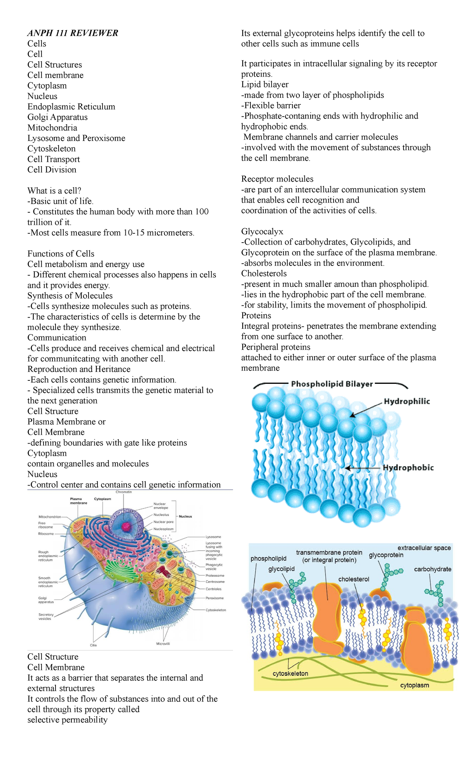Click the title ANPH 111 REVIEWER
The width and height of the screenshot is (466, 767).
pyautogui.click(x=73, y=33)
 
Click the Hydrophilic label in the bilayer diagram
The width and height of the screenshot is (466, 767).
pyautogui.click(x=407, y=401)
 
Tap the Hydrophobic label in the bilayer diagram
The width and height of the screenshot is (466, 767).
pyautogui.click(x=408, y=467)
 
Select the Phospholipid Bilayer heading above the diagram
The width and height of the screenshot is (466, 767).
pyautogui.click(x=332, y=384)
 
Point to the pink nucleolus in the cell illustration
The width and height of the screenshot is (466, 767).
pyautogui.click(x=125, y=526)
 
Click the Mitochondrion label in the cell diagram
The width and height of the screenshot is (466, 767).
pyautogui.click(x=50, y=517)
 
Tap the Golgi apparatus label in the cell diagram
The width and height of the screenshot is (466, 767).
pyautogui.click(x=46, y=600)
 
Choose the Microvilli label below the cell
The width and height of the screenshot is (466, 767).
pyautogui.click(x=163, y=644)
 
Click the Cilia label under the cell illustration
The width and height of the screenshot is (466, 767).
pyautogui.click(x=93, y=645)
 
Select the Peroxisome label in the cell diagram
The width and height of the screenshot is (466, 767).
pyautogui.click(x=215, y=598)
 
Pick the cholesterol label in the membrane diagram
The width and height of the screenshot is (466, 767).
pyautogui.click(x=353, y=579)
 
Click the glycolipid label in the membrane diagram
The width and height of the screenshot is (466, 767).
pyautogui.click(x=281, y=569)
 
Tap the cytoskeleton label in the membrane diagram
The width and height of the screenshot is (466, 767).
pyautogui.click(x=290, y=673)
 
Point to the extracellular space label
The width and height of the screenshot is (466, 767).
pyautogui.click(x=424, y=548)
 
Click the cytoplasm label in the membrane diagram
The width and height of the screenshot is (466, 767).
pyautogui.click(x=414, y=685)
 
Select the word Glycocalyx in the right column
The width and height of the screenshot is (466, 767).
pyautogui.click(x=262, y=231)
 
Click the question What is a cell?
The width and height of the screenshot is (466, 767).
pyautogui.click(x=54, y=191)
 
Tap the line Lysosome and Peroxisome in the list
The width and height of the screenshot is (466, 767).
pyautogui.click(x=76, y=138)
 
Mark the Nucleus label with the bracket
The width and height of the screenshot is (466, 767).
pyautogui.click(x=185, y=516)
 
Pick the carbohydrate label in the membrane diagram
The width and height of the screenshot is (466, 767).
pyautogui.click(x=433, y=569)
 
